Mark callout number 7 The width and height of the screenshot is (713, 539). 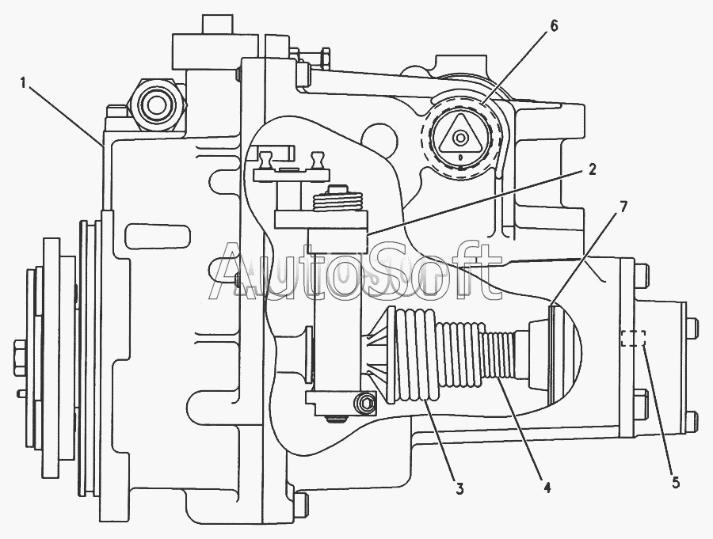click(624, 207)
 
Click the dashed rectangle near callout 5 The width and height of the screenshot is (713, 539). click(633, 339)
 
